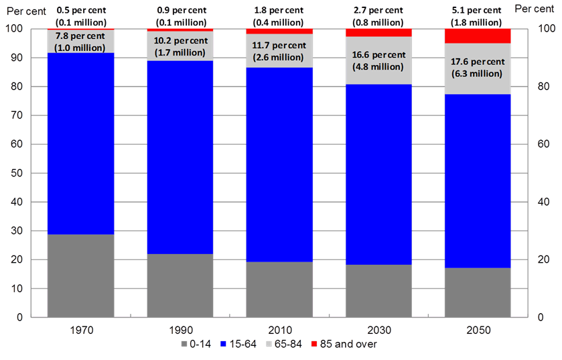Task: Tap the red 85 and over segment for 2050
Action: (x=478, y=36)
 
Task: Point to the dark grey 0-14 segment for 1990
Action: (x=180, y=286)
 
